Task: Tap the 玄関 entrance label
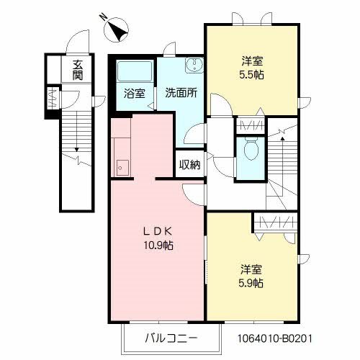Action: (77, 70)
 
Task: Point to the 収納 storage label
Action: (190, 164)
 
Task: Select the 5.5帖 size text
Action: (251, 73)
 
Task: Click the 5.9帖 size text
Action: (251, 283)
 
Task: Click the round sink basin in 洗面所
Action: (192, 68)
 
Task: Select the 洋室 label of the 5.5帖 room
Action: (251, 60)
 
